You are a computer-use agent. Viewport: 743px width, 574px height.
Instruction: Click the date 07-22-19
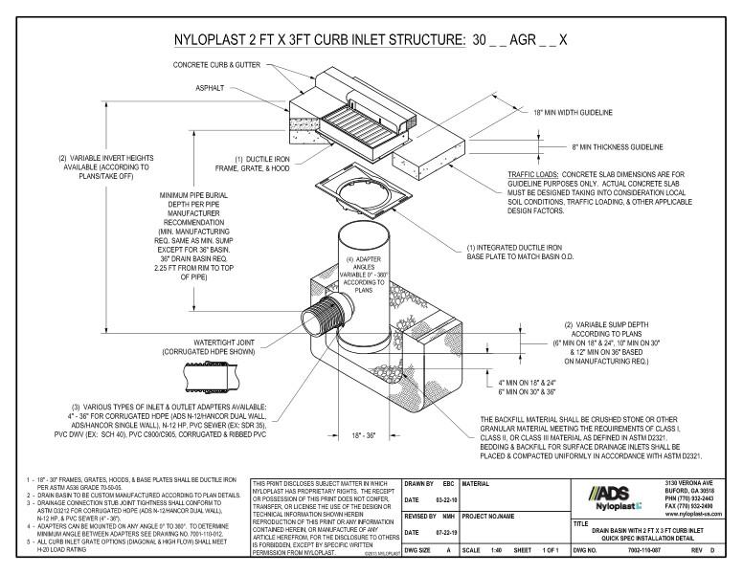pyautogui.click(x=441, y=532)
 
